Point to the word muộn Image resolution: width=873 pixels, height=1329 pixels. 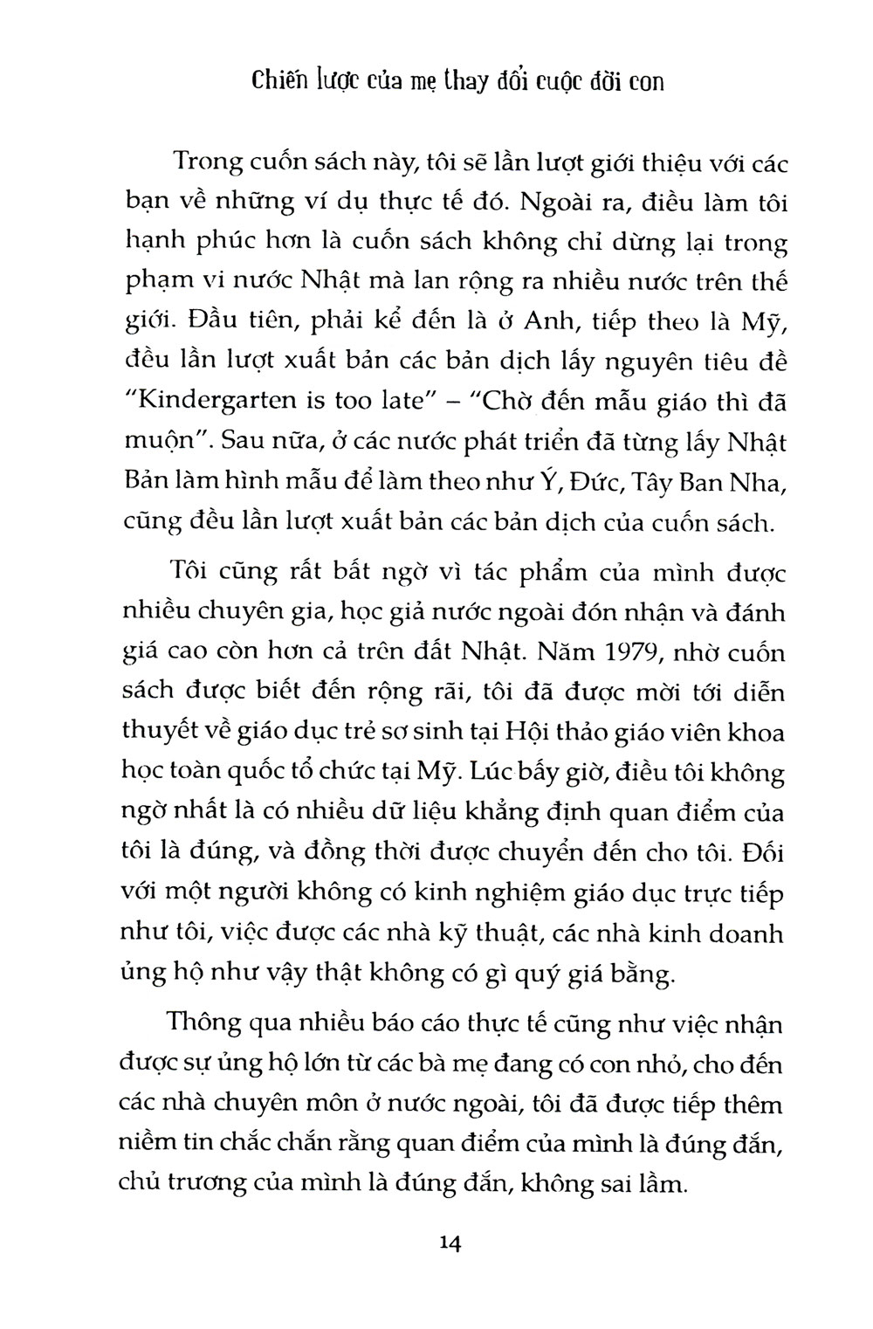point(163,444)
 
